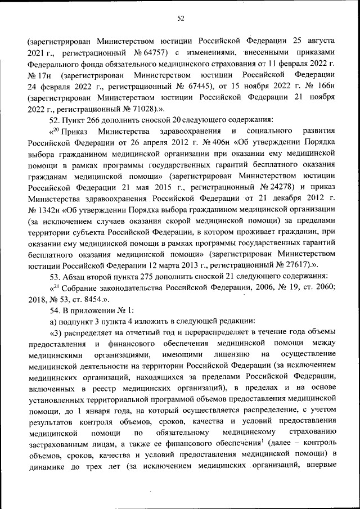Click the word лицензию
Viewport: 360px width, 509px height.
pyautogui.click(x=233, y=355)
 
